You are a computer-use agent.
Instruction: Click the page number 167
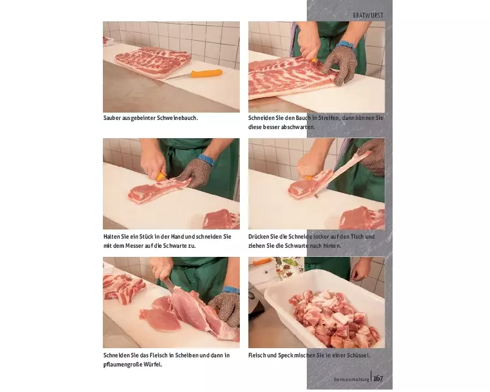click(x=378, y=378)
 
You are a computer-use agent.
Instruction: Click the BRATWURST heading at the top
click(x=368, y=15)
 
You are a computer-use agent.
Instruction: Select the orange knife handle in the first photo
click(x=206, y=74)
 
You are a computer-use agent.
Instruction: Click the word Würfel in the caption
click(x=153, y=365)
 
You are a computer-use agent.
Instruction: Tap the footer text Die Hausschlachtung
click(x=351, y=379)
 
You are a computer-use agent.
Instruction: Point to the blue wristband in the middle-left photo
click(x=206, y=159)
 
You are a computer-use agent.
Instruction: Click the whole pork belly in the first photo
click(x=153, y=61)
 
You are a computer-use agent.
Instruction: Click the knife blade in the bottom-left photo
click(x=169, y=284)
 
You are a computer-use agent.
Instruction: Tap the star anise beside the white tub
click(x=290, y=273)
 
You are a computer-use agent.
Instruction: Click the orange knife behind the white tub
click(x=261, y=262)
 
